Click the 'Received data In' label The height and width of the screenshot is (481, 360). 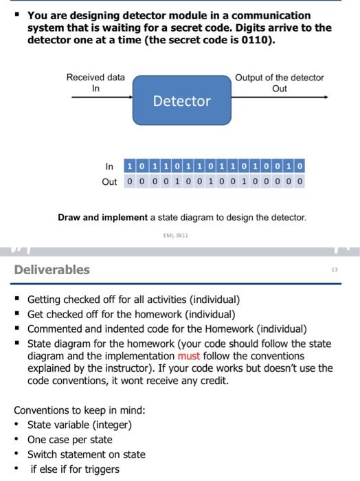pos(95,82)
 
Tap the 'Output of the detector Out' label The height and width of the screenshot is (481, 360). pos(279,82)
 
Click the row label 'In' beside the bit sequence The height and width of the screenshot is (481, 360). pos(109,167)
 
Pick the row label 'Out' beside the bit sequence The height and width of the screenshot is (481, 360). pos(109,182)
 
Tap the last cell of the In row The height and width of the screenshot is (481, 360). pos(302,167)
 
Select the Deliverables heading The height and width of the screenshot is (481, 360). pos(52,269)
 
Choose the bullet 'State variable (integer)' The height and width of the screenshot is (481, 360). pos(79,425)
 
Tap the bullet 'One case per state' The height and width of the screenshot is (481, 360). pos(69,440)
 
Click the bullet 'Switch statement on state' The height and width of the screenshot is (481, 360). pos(86,454)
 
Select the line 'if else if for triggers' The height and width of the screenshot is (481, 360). pos(74,469)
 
